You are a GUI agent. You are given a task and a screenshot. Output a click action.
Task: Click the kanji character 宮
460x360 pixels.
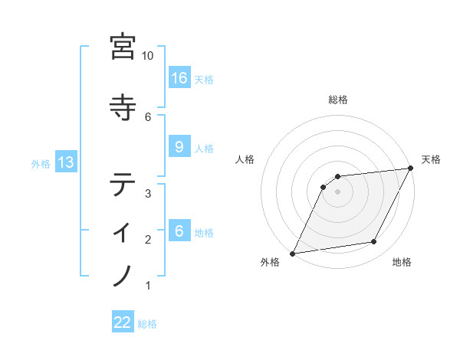tap(123, 47)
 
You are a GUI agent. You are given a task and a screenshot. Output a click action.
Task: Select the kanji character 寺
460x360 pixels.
tap(123, 107)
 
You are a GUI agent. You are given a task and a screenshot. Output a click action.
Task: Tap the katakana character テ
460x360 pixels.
tap(123, 185)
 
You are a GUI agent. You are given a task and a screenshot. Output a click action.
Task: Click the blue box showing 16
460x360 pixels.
tap(179, 78)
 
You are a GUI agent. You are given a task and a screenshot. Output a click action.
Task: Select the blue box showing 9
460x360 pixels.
tap(179, 147)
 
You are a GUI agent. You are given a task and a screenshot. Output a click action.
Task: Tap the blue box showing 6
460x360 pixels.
tap(179, 231)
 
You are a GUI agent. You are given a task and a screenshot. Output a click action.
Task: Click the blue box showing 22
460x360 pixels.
tap(123, 323)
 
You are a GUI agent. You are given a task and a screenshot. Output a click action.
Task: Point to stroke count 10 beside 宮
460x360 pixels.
tap(148, 56)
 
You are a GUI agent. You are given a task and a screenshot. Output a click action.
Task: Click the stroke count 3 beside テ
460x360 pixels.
tap(148, 194)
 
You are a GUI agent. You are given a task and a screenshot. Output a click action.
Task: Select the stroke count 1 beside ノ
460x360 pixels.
tap(148, 286)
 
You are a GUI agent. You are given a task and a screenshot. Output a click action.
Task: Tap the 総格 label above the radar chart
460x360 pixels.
tap(338, 100)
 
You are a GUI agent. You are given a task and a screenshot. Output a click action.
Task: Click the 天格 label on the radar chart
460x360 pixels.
tap(431, 159)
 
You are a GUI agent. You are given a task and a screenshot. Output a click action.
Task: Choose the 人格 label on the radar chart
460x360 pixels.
tap(245, 159)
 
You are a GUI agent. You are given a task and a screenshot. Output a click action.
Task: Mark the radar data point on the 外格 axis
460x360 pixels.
tap(292, 254)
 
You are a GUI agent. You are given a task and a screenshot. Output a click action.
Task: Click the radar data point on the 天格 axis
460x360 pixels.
tap(411, 169)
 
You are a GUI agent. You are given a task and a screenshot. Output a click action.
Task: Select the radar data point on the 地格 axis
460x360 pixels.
tap(374, 242)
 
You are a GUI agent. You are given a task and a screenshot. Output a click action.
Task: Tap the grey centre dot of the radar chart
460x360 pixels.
tap(337, 191)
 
